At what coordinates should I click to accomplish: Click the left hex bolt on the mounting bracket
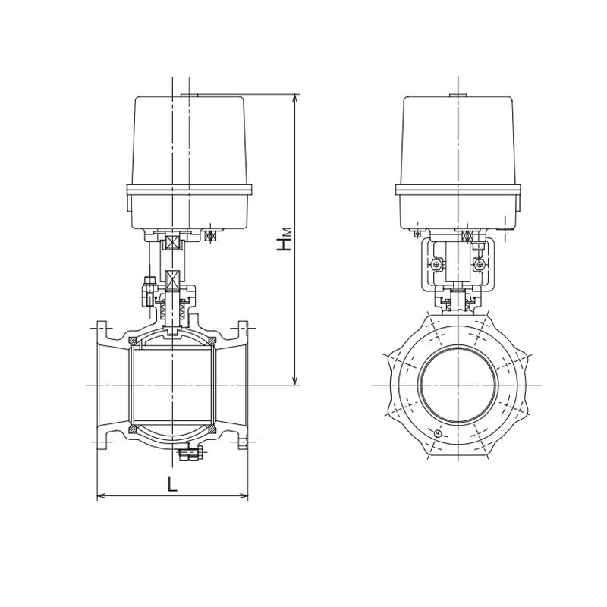(x=436, y=265)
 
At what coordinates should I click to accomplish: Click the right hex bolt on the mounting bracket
(x=479, y=265)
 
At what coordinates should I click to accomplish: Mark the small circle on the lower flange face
(x=438, y=433)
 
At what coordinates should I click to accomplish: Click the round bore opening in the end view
(x=458, y=385)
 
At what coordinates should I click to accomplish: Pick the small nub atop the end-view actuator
(x=458, y=96)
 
